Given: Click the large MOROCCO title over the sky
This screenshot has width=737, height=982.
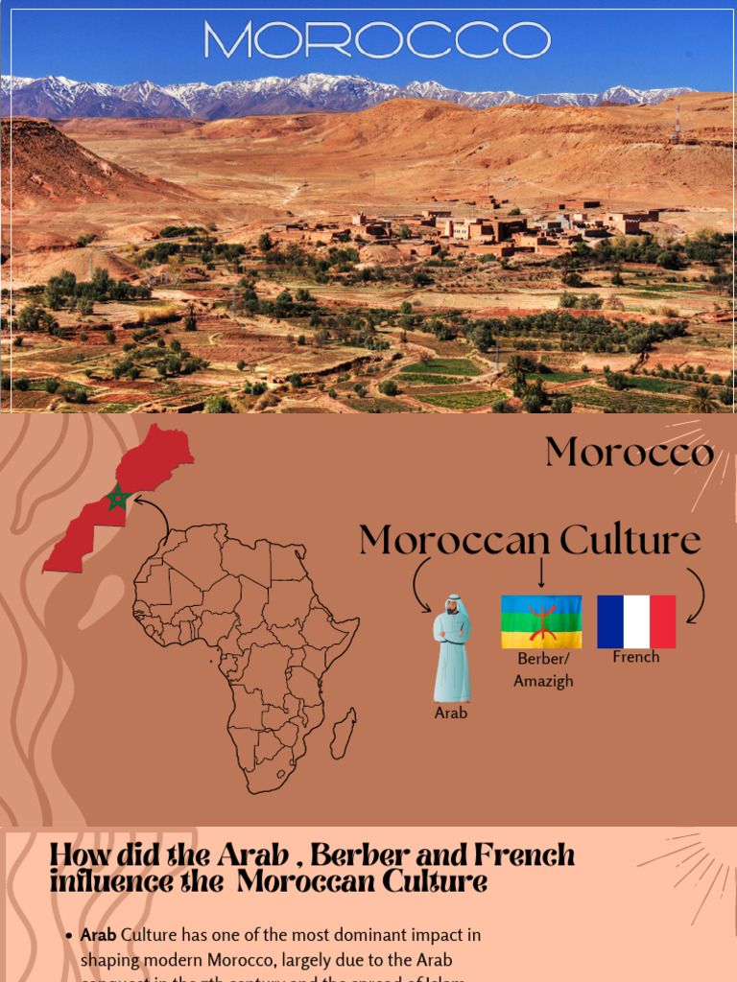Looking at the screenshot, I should (x=376, y=41).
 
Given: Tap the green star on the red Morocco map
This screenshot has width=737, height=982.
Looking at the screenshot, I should (x=118, y=497).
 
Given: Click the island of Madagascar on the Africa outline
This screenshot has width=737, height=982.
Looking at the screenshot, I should (x=344, y=734).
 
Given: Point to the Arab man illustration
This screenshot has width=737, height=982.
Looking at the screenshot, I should (x=451, y=649).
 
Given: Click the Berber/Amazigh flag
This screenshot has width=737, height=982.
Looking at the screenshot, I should (x=541, y=621).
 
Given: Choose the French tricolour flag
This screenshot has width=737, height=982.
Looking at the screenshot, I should (x=636, y=621).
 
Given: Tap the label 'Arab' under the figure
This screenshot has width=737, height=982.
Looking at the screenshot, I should (x=451, y=713).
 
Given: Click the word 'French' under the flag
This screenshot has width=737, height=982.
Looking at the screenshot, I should (x=636, y=658).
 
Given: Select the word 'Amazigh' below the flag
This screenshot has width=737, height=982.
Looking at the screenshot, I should (x=543, y=681).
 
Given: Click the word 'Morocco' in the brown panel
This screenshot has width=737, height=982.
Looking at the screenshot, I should (x=629, y=453).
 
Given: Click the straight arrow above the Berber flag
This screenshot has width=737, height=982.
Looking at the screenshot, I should (x=541, y=573).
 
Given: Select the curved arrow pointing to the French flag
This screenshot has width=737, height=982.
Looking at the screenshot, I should (x=696, y=595).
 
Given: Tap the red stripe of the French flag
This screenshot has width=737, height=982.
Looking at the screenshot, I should (x=662, y=621).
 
